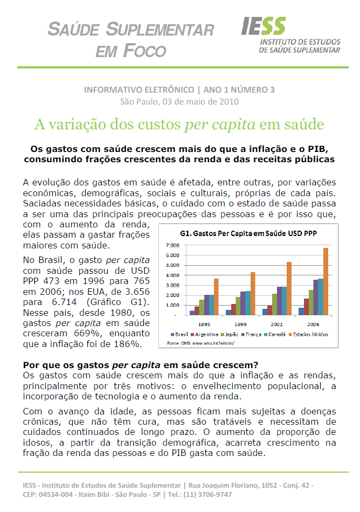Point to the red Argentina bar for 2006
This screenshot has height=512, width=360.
307,306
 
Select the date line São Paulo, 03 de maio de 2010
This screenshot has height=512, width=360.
179,101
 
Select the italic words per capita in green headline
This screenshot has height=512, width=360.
220,125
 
